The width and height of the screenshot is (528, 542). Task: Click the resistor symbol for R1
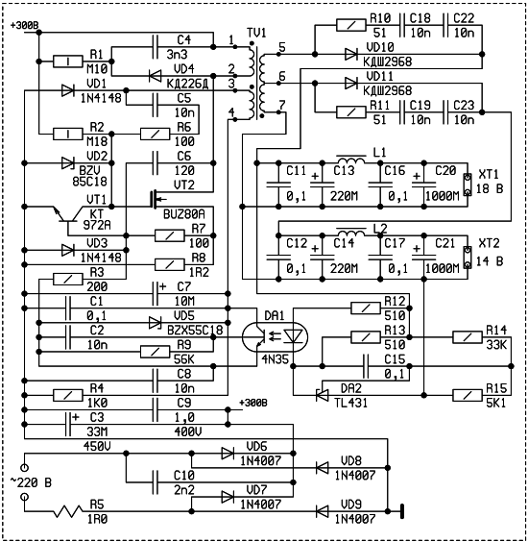point(68,62)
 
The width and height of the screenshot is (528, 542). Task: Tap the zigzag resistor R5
point(68,511)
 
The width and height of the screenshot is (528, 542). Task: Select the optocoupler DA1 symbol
point(275,337)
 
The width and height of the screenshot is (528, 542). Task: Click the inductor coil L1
point(350,160)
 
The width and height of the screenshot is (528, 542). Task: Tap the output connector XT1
point(468,185)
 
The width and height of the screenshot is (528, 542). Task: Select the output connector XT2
point(468,258)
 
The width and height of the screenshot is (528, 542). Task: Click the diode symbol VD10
point(351,54)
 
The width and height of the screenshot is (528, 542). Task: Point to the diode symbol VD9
point(323,511)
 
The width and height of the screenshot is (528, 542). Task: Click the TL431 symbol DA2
point(323,395)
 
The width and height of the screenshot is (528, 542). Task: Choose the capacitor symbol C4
point(156,47)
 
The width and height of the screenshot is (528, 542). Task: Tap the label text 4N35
point(275,359)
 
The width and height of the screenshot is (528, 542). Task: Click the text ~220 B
point(31,482)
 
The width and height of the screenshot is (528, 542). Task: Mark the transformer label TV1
point(256,33)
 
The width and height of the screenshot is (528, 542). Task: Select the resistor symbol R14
point(468,337)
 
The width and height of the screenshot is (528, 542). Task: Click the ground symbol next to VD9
point(401,511)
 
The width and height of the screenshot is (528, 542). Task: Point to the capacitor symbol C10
point(156,481)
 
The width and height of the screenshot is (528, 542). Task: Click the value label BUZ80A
point(184,214)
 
